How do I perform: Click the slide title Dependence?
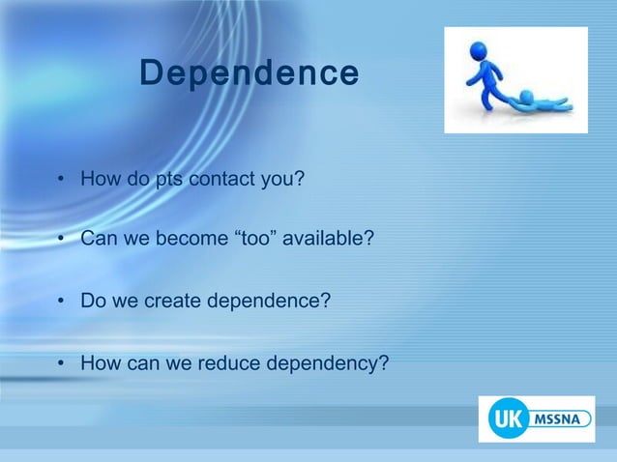(x=249, y=72)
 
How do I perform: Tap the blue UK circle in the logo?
(x=504, y=419)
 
